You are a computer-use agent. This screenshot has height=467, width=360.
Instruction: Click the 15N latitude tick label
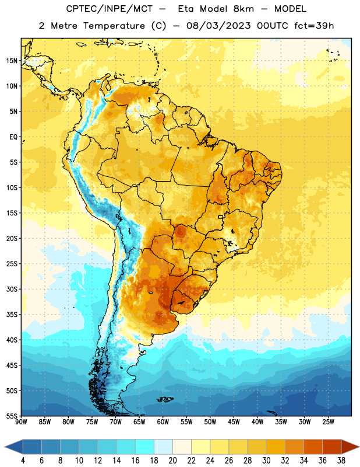tap(12, 61)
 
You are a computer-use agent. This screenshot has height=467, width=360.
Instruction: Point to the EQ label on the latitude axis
tap(13, 137)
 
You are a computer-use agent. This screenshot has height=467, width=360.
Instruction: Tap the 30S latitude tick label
tap(12, 289)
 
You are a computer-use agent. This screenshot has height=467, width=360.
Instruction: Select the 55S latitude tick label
tap(12, 416)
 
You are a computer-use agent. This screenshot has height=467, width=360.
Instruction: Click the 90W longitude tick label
tap(21, 422)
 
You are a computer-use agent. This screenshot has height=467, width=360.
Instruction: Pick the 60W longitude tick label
tap(163, 422)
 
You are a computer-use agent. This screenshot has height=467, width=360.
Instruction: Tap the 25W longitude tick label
tap(328, 422)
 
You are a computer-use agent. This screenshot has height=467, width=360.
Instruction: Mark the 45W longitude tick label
tap(234, 422)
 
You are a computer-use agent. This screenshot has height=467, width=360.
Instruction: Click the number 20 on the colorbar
tap(172, 461)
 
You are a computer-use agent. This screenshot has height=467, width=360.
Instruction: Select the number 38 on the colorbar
tap(341, 461)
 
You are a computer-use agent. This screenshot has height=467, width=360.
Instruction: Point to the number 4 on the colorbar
tap(23, 461)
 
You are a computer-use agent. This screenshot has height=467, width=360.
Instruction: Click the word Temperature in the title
tap(114, 26)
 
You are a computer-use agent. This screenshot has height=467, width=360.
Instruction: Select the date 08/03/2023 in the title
tap(218, 26)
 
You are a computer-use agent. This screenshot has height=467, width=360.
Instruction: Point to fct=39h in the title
tap(314, 26)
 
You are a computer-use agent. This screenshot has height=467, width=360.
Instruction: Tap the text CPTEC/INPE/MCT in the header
tap(109, 9)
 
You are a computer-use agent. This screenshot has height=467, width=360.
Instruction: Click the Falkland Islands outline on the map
tap(165, 399)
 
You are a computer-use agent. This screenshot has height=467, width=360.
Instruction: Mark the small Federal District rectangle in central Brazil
tap(220, 217)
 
